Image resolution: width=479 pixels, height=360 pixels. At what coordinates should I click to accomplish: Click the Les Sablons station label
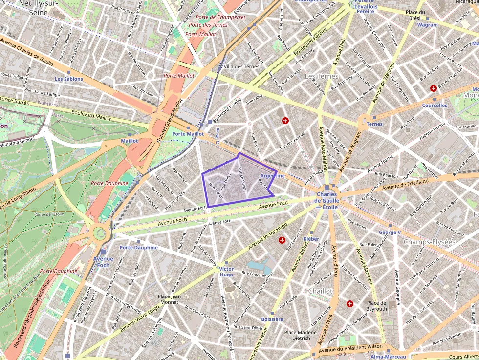coord(68,79)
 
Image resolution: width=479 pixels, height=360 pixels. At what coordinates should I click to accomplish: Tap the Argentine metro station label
coord(273,176)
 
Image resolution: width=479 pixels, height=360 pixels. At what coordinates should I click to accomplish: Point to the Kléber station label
coord(311,239)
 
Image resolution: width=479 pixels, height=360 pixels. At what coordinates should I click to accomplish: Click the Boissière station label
coord(272,319)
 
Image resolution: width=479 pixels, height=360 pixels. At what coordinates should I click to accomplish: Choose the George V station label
coord(390,232)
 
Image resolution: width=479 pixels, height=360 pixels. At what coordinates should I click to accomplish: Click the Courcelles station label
coord(434,105)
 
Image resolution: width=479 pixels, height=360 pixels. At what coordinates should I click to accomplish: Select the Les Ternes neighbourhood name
coord(321,77)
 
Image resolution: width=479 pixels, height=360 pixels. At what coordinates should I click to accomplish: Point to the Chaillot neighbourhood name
coord(320,291)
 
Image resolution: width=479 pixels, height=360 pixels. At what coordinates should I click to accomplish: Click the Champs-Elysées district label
coord(429,242)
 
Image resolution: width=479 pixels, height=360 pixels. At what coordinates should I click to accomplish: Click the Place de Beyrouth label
coord(376,306)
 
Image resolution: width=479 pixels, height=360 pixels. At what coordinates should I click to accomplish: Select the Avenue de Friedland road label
coord(405,184)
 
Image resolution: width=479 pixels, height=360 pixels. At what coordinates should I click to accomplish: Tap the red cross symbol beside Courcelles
coord(433,88)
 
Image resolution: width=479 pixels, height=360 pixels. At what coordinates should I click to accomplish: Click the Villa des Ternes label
coord(241,66)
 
